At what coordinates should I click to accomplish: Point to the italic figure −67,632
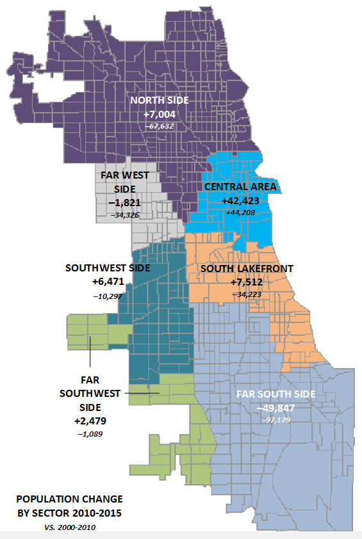click(158, 126)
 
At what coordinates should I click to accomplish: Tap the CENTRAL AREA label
click(241, 187)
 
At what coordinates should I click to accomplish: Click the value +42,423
click(242, 200)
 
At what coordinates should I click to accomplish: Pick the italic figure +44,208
click(242, 211)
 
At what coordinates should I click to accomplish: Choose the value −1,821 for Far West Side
click(126, 203)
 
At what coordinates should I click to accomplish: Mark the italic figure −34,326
click(126, 215)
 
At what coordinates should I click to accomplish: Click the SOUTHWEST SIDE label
click(108, 268)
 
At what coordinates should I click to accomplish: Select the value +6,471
click(108, 282)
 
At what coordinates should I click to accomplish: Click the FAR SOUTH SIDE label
click(276, 394)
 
